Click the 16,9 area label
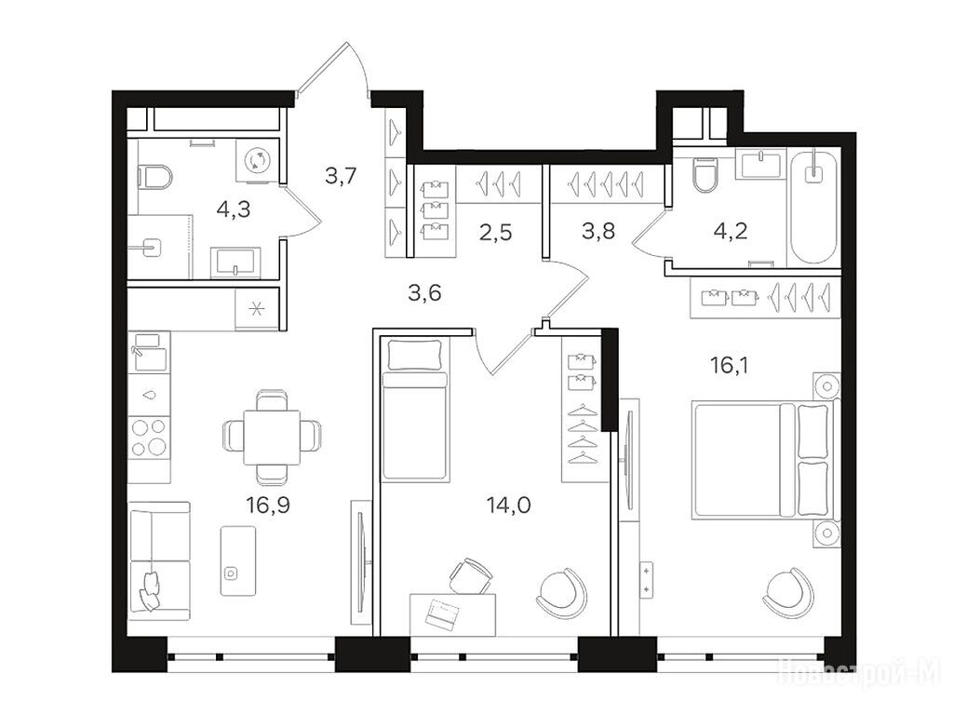coord(268,505)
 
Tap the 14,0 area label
coord(509,505)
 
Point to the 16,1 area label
coord(730,365)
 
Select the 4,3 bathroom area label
coord(234,209)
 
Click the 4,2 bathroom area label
coord(731,231)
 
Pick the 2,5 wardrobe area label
coord(496,232)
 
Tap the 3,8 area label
coord(598,231)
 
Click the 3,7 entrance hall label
coord(341,176)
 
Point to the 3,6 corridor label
coord(424,293)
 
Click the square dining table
coord(272,438)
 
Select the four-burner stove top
coord(150,438)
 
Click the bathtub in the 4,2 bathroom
coord(813,206)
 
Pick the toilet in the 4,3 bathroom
coord(155,178)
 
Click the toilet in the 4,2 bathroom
coord(705,174)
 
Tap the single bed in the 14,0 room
coord(415,410)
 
